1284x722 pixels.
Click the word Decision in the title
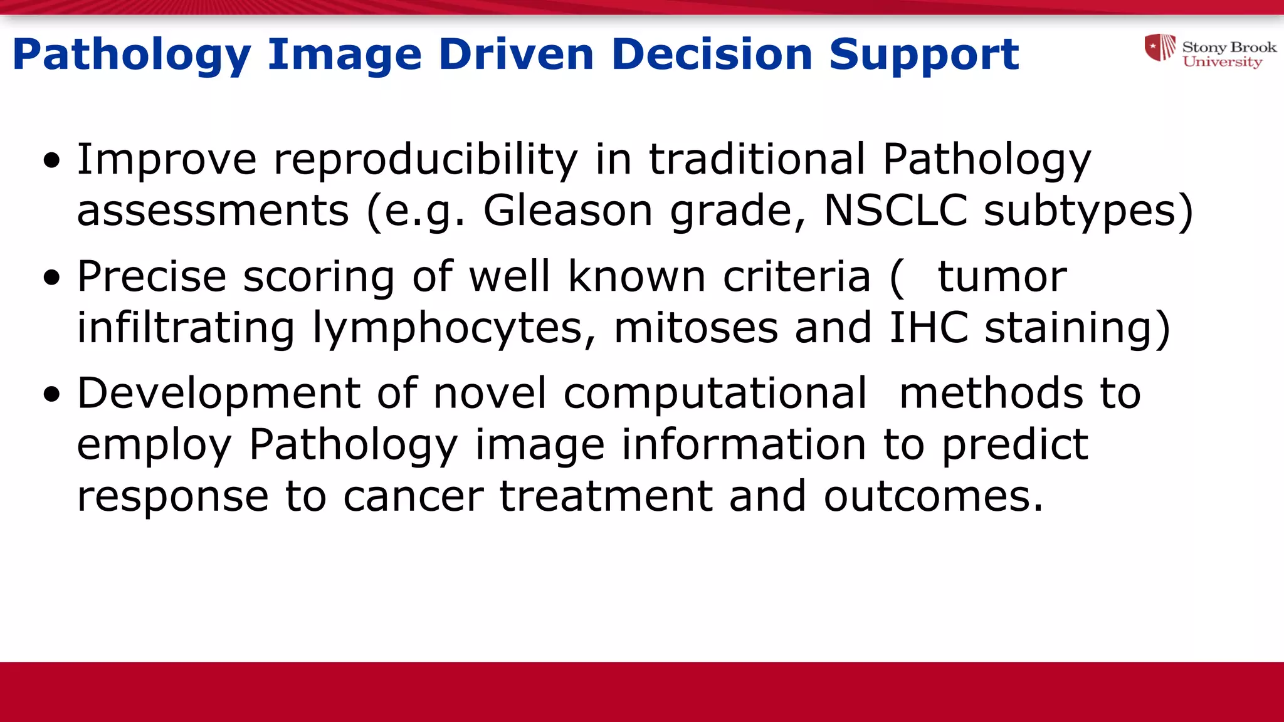[711, 55]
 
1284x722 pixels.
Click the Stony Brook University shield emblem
[1160, 48]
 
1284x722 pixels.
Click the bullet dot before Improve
[52, 160]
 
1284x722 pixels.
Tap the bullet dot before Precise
[52, 277]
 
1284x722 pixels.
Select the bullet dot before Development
[52, 394]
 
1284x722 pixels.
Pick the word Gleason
[567, 211]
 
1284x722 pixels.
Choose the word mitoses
[695, 328]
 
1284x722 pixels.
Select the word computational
[715, 395]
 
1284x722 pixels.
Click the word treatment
[606, 496]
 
